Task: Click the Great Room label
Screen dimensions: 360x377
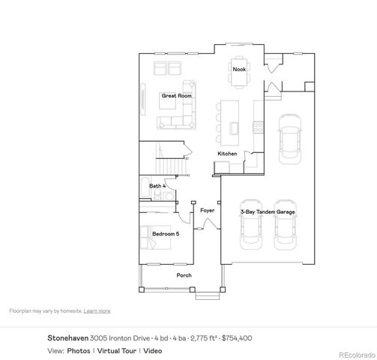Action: (x=177, y=96)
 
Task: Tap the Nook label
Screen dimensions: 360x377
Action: (x=238, y=69)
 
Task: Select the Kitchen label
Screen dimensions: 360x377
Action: (x=227, y=154)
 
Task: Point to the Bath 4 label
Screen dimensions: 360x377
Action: (x=157, y=185)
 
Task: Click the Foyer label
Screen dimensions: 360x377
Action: (x=207, y=211)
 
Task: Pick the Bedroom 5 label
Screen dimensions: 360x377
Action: (x=166, y=234)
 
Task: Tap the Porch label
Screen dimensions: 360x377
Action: (x=184, y=275)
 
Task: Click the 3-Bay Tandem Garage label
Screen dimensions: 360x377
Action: (x=268, y=212)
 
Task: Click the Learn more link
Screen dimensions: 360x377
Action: (x=97, y=310)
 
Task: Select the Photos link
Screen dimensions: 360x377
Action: (x=79, y=350)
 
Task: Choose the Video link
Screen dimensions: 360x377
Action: (x=153, y=350)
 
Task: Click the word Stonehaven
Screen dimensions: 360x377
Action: (x=68, y=338)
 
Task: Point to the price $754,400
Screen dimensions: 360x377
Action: (x=237, y=338)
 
